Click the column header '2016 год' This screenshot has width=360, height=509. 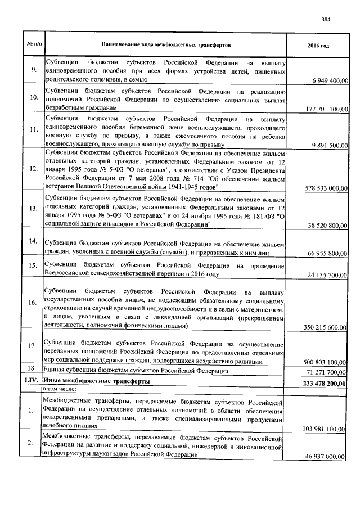(318, 44)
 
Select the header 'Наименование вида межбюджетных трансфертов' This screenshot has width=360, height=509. (165, 44)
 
